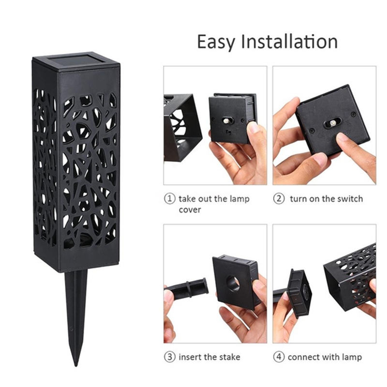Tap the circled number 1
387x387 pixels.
tap(170, 199)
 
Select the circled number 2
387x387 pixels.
tap(279, 199)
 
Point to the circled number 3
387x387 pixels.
tap(170, 357)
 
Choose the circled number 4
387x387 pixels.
tap(279, 357)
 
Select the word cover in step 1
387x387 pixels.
tap(190, 210)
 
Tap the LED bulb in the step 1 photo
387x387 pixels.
tap(225, 121)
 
